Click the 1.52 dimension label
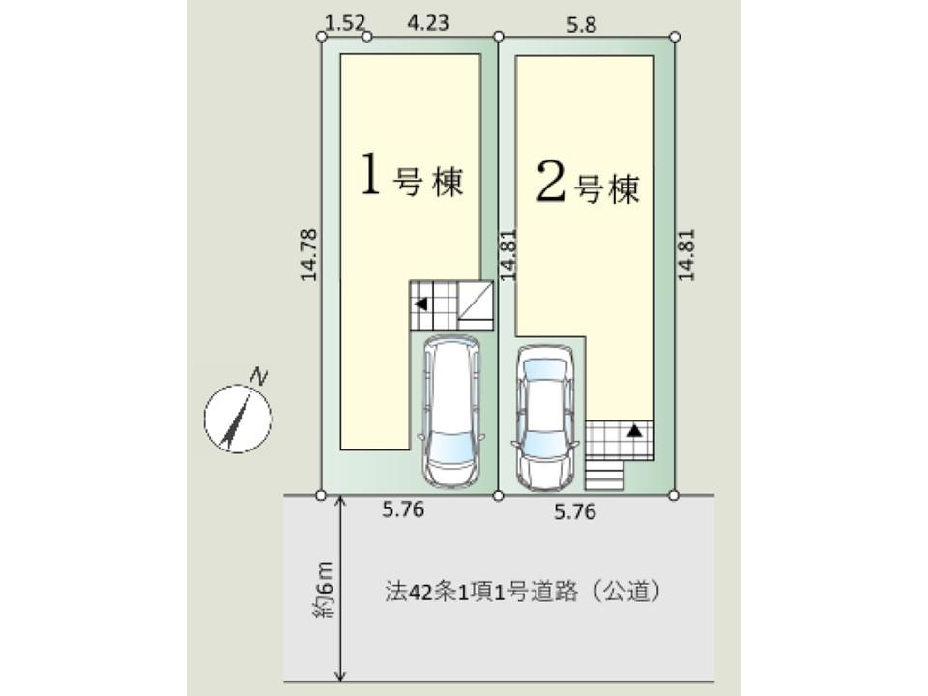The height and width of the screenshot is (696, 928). (x=346, y=22)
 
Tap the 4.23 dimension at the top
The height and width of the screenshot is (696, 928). (x=428, y=22)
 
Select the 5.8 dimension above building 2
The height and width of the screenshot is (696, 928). (x=582, y=25)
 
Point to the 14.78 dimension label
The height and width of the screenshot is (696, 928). (x=309, y=255)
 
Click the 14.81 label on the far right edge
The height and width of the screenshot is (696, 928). (x=686, y=255)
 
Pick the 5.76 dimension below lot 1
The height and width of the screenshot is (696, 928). (x=403, y=509)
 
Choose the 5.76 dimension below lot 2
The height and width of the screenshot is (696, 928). (x=574, y=511)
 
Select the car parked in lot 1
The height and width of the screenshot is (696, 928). (x=452, y=412)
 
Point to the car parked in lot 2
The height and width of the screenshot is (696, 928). (x=544, y=418)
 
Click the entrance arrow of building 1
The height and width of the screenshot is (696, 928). (x=420, y=304)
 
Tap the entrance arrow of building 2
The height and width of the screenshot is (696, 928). (x=634, y=430)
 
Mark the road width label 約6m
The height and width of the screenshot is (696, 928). (x=325, y=589)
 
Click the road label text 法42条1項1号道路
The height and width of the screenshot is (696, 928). (x=481, y=592)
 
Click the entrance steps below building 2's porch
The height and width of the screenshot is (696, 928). (x=604, y=476)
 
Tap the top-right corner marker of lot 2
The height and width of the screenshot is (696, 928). (x=675, y=37)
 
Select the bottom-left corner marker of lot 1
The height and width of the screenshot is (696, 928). (x=321, y=495)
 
